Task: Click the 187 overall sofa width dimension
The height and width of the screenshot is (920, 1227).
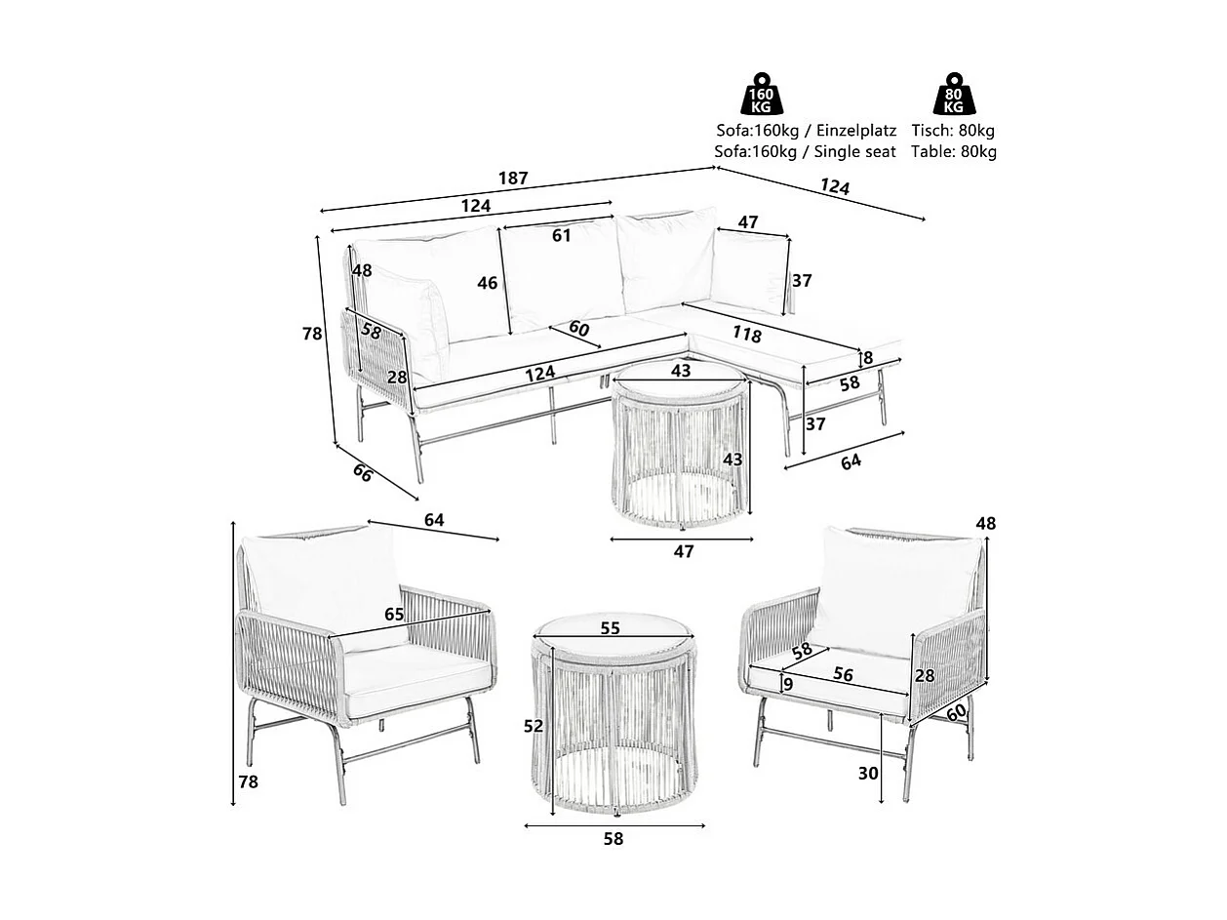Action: [513, 179]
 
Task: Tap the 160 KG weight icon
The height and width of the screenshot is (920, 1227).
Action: [761, 96]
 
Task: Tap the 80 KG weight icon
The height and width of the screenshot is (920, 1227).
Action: [953, 96]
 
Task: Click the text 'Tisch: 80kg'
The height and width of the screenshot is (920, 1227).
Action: [953, 131]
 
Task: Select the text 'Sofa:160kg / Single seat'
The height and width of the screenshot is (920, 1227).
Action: [805, 151]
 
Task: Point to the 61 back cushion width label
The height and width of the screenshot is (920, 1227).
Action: [561, 236]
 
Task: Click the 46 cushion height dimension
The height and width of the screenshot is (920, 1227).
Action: [488, 284]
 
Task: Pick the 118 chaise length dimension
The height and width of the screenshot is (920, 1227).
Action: [746, 335]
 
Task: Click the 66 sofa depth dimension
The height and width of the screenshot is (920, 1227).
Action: [362, 473]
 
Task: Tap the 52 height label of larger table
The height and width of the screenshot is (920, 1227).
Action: [534, 726]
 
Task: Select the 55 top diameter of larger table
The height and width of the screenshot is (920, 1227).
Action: [610, 629]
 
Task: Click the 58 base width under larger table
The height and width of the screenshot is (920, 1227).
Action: [613, 838]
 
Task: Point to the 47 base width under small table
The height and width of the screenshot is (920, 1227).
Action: [684, 552]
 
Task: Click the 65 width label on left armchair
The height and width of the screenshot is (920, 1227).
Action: [394, 615]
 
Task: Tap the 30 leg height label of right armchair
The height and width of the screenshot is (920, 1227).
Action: [868, 774]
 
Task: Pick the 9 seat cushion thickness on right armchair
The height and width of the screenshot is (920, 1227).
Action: [788, 685]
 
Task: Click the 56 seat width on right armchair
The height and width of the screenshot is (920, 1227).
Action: [844, 675]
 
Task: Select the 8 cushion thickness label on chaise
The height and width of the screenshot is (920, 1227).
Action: [867, 358]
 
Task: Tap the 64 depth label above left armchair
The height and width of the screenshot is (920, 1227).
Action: [434, 521]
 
